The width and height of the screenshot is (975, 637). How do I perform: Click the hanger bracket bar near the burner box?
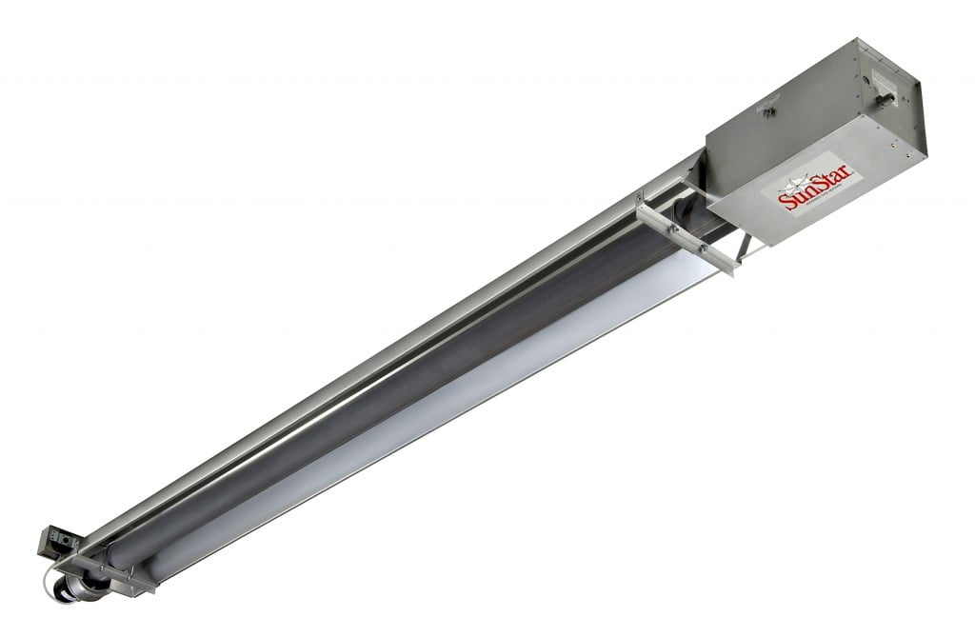coord(686,232)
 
